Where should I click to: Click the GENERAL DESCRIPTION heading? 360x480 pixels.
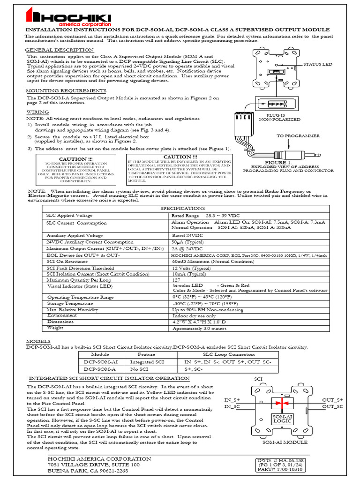coord(59,50)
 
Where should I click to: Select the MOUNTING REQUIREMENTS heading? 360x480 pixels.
coord(66,90)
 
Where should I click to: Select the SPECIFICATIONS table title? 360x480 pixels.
coord(183,208)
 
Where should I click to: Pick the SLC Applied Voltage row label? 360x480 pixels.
coord(69,215)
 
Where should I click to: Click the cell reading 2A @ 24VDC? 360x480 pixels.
coord(187,248)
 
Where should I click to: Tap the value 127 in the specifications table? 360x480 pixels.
coord(177,279)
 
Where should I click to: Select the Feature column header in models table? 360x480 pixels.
coord(146,355)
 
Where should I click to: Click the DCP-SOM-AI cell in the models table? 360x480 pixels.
coord(100,362)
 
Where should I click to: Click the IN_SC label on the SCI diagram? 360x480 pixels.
coord(232,406)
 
